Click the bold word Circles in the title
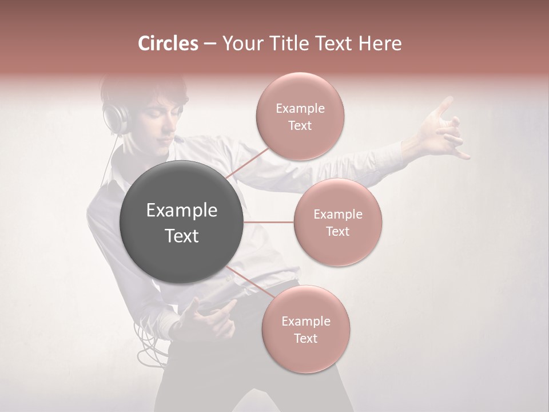(168, 43)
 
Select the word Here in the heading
(379, 43)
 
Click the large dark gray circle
(181, 222)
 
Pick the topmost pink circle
(300, 116)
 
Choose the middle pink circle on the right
(337, 222)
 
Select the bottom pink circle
(305, 329)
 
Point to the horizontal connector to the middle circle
(269, 222)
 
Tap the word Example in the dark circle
(181, 211)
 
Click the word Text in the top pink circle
(300, 125)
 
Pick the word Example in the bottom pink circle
(305, 321)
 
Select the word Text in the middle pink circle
(337, 231)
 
